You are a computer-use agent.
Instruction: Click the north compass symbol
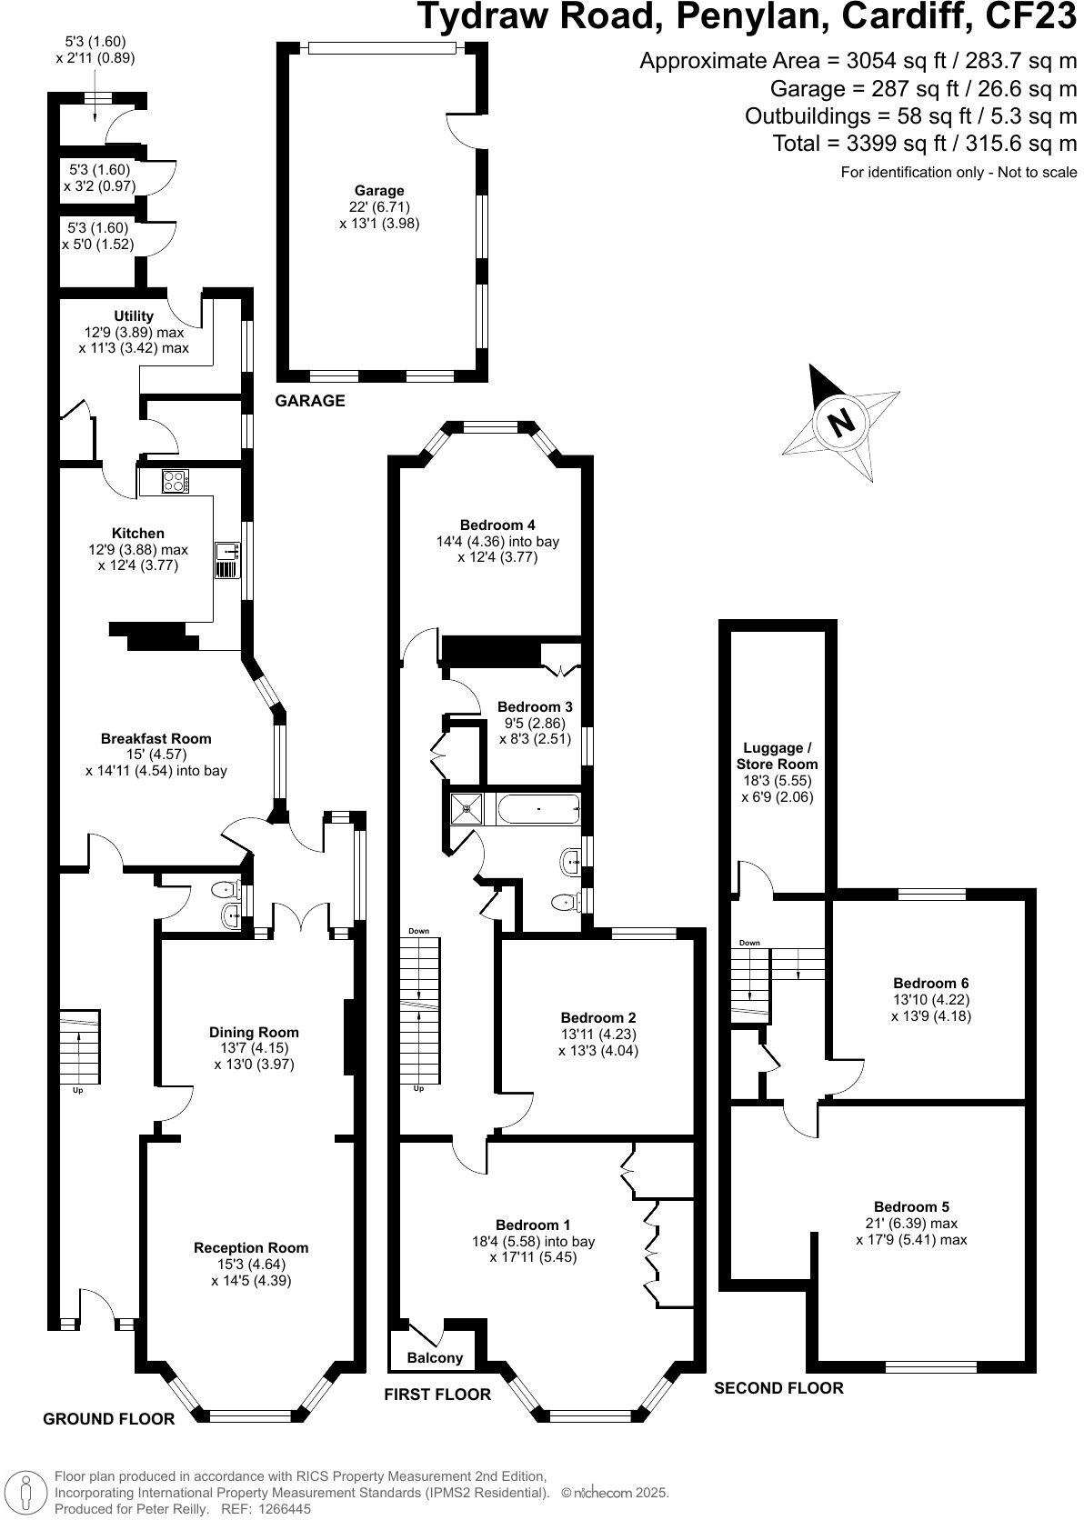(x=840, y=422)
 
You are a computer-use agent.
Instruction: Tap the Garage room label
(x=379, y=191)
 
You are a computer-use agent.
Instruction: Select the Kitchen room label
(x=138, y=534)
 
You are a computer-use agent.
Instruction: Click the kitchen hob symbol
(x=175, y=481)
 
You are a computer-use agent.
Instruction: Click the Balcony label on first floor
(x=435, y=1358)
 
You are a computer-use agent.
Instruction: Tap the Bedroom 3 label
(x=535, y=706)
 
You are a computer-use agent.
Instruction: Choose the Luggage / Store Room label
(x=778, y=756)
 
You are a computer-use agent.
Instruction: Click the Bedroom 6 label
(x=930, y=983)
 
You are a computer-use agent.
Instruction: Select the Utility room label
(x=134, y=316)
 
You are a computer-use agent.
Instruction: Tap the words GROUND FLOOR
(x=109, y=1419)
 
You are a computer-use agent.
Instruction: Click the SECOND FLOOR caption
(x=778, y=1388)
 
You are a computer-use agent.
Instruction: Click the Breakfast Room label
(x=156, y=738)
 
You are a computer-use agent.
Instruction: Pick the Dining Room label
(x=254, y=1032)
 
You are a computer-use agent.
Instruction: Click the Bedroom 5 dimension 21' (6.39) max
(x=911, y=1224)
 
